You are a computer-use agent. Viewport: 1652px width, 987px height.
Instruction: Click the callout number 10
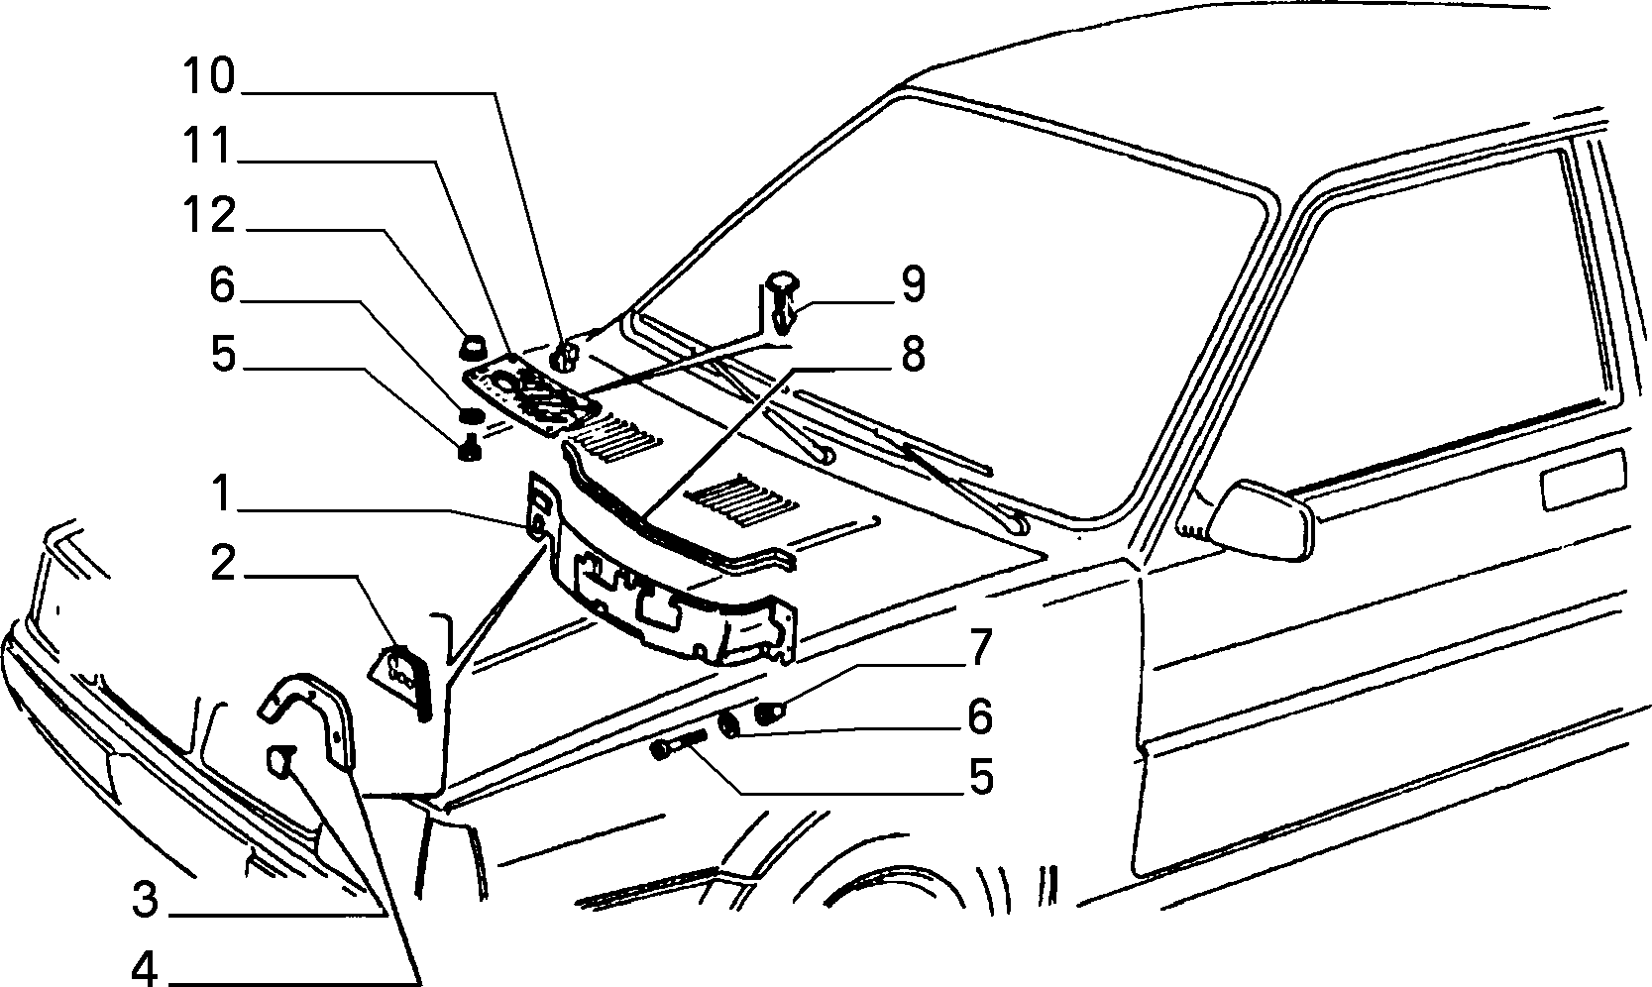[x=209, y=76]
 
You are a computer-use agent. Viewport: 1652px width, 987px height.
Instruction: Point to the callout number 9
[x=913, y=284]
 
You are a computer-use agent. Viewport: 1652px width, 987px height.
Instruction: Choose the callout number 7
[x=979, y=647]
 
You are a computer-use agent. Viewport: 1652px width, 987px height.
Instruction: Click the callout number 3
[x=146, y=900]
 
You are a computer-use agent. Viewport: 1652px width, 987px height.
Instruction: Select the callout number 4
[x=146, y=966]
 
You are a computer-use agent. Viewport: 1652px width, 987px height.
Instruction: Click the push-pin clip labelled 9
[x=783, y=301]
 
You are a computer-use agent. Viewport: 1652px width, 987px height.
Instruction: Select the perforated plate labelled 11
[x=529, y=394]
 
